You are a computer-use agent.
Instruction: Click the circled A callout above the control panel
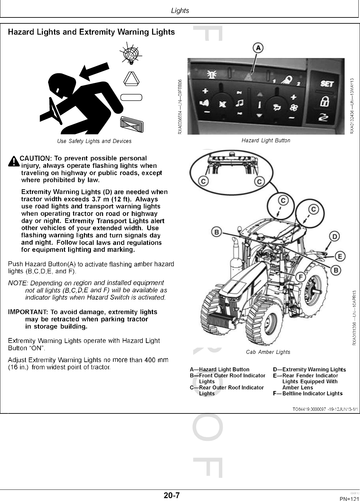coord(258,48)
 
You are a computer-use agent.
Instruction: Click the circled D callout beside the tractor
coord(335,236)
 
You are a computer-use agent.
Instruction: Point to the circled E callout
coord(340,256)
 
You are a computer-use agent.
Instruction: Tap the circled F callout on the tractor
coord(300,277)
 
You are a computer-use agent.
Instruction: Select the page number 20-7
coord(172,495)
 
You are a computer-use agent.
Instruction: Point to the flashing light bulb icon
coord(131,54)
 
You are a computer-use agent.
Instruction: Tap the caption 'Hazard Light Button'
coord(266,141)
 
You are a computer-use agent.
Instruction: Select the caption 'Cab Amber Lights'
coord(268,352)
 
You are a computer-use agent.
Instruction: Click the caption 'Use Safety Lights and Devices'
coord(94,141)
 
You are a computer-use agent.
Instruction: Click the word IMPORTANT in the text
coord(28,312)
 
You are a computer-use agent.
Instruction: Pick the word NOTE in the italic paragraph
coord(17,283)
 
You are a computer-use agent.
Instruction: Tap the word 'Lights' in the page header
coord(180,11)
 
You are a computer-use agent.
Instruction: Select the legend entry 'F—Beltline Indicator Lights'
coord(308,393)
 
